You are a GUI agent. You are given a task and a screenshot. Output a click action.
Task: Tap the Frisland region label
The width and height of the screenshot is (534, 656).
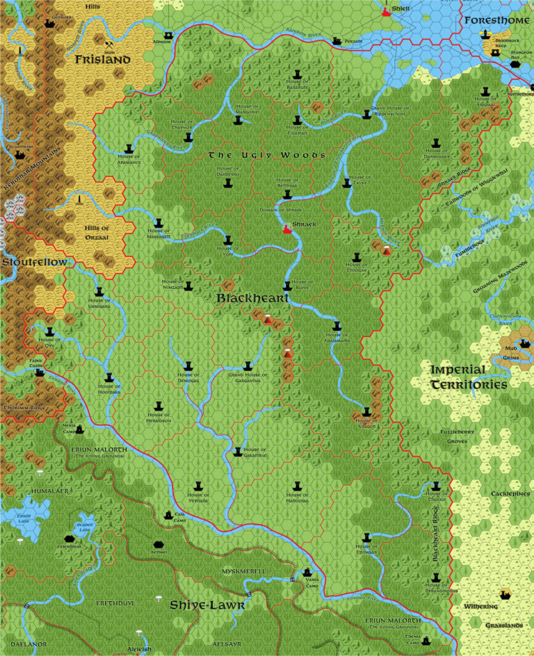click(x=104, y=60)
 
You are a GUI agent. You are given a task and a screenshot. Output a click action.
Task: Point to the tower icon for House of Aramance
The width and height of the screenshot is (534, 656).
click(x=129, y=148)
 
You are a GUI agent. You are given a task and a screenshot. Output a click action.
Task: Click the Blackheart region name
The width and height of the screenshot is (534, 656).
click(x=245, y=297)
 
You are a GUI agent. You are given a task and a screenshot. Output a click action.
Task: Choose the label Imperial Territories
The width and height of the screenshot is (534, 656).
click(x=467, y=377)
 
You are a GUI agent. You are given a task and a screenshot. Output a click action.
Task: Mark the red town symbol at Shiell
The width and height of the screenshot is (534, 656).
click(x=387, y=12)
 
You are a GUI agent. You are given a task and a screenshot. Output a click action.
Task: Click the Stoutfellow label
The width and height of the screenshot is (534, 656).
click(x=34, y=262)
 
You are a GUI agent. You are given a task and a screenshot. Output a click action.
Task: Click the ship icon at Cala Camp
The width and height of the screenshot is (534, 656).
click(x=168, y=515)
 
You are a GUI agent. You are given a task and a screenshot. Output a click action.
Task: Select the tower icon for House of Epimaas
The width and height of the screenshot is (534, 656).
click(x=366, y=536)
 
